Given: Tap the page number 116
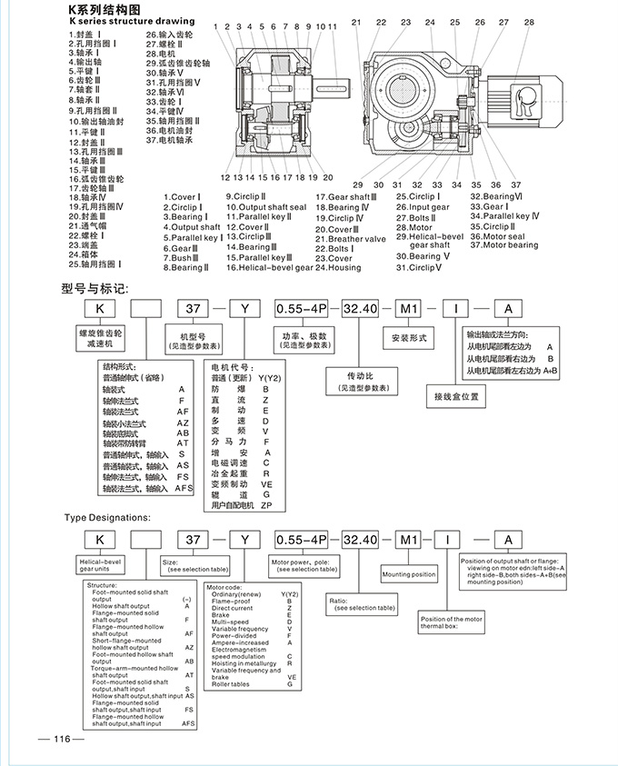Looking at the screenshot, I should click(62, 738).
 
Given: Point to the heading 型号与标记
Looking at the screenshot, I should click(95, 289).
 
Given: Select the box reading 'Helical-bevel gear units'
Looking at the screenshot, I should click(102, 568).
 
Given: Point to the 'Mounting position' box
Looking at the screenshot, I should click(408, 574).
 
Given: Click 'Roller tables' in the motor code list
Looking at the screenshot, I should click(233, 684).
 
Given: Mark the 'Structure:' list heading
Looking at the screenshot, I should click(102, 586).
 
